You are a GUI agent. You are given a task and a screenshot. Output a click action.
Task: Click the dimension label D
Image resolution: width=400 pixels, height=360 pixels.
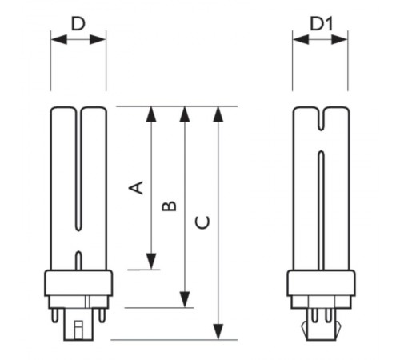tap(78, 23)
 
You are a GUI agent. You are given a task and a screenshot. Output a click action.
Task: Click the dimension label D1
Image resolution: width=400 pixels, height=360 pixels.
tap(322, 24)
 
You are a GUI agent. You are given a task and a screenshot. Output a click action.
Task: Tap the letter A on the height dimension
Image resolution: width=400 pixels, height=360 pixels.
tap(137, 187)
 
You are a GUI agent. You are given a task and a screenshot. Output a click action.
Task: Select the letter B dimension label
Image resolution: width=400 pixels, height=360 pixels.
tap(169, 206)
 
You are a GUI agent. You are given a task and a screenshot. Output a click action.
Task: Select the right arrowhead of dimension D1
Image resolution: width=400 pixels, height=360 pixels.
tap(345, 38)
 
